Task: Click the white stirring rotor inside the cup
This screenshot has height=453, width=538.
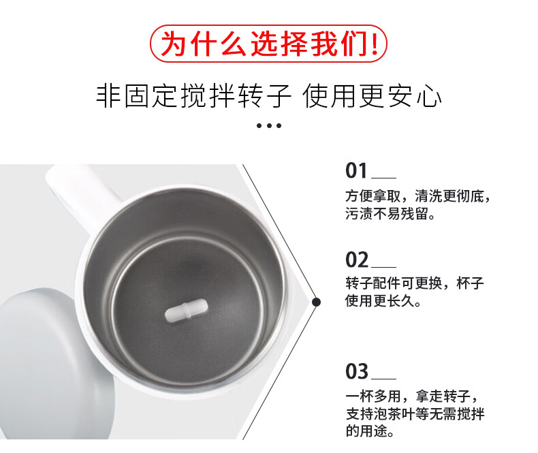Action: pyautogui.click(x=187, y=311)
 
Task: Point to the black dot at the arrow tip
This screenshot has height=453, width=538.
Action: pyautogui.click(x=317, y=302)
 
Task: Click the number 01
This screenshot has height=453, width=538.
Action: pyautogui.click(x=356, y=170)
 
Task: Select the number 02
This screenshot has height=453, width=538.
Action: pyautogui.click(x=357, y=260)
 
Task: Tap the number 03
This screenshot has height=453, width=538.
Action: pyautogui.click(x=357, y=371)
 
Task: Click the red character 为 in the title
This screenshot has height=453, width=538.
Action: pyautogui.click(x=174, y=44)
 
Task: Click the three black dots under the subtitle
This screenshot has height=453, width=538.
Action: pyautogui.click(x=269, y=125)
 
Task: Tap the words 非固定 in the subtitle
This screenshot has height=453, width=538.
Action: pyautogui.click(x=138, y=95)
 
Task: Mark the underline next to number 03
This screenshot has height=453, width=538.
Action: pyautogui.click(x=383, y=379)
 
